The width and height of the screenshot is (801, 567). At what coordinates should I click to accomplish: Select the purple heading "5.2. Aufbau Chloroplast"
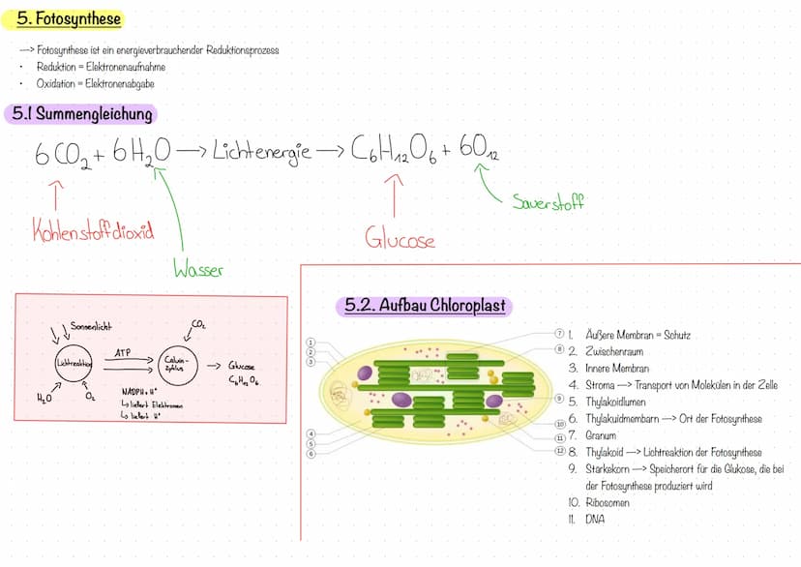tap(425, 306)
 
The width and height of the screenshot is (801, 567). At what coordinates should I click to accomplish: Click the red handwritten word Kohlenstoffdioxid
tap(93, 233)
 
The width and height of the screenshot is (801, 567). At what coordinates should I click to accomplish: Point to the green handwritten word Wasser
tap(197, 270)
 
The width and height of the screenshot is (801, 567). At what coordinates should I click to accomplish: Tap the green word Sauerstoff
tap(549, 202)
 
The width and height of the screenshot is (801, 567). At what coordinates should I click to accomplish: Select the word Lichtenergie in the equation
tap(261, 151)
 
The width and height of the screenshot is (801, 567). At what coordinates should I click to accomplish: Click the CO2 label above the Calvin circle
tap(199, 327)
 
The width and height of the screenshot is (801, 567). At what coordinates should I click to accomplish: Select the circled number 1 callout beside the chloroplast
tap(311, 343)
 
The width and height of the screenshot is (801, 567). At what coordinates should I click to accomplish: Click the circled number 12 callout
tap(559, 452)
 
